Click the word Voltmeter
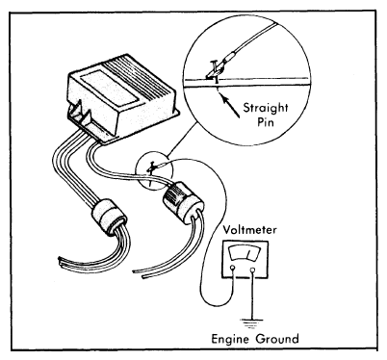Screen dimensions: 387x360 [249, 230]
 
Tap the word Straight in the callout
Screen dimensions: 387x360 [266, 109]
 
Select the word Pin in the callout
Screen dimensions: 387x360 [266, 122]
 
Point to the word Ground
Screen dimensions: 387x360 [277, 339]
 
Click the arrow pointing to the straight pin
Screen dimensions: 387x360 [231, 107]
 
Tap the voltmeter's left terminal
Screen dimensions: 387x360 [233, 268]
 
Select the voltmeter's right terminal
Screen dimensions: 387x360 [253, 270]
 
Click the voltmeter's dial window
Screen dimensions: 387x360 [245, 252]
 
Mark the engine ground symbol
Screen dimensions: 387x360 [252, 322]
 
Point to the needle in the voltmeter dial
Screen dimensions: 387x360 [248, 254]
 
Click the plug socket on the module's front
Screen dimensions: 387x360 [78, 114]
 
